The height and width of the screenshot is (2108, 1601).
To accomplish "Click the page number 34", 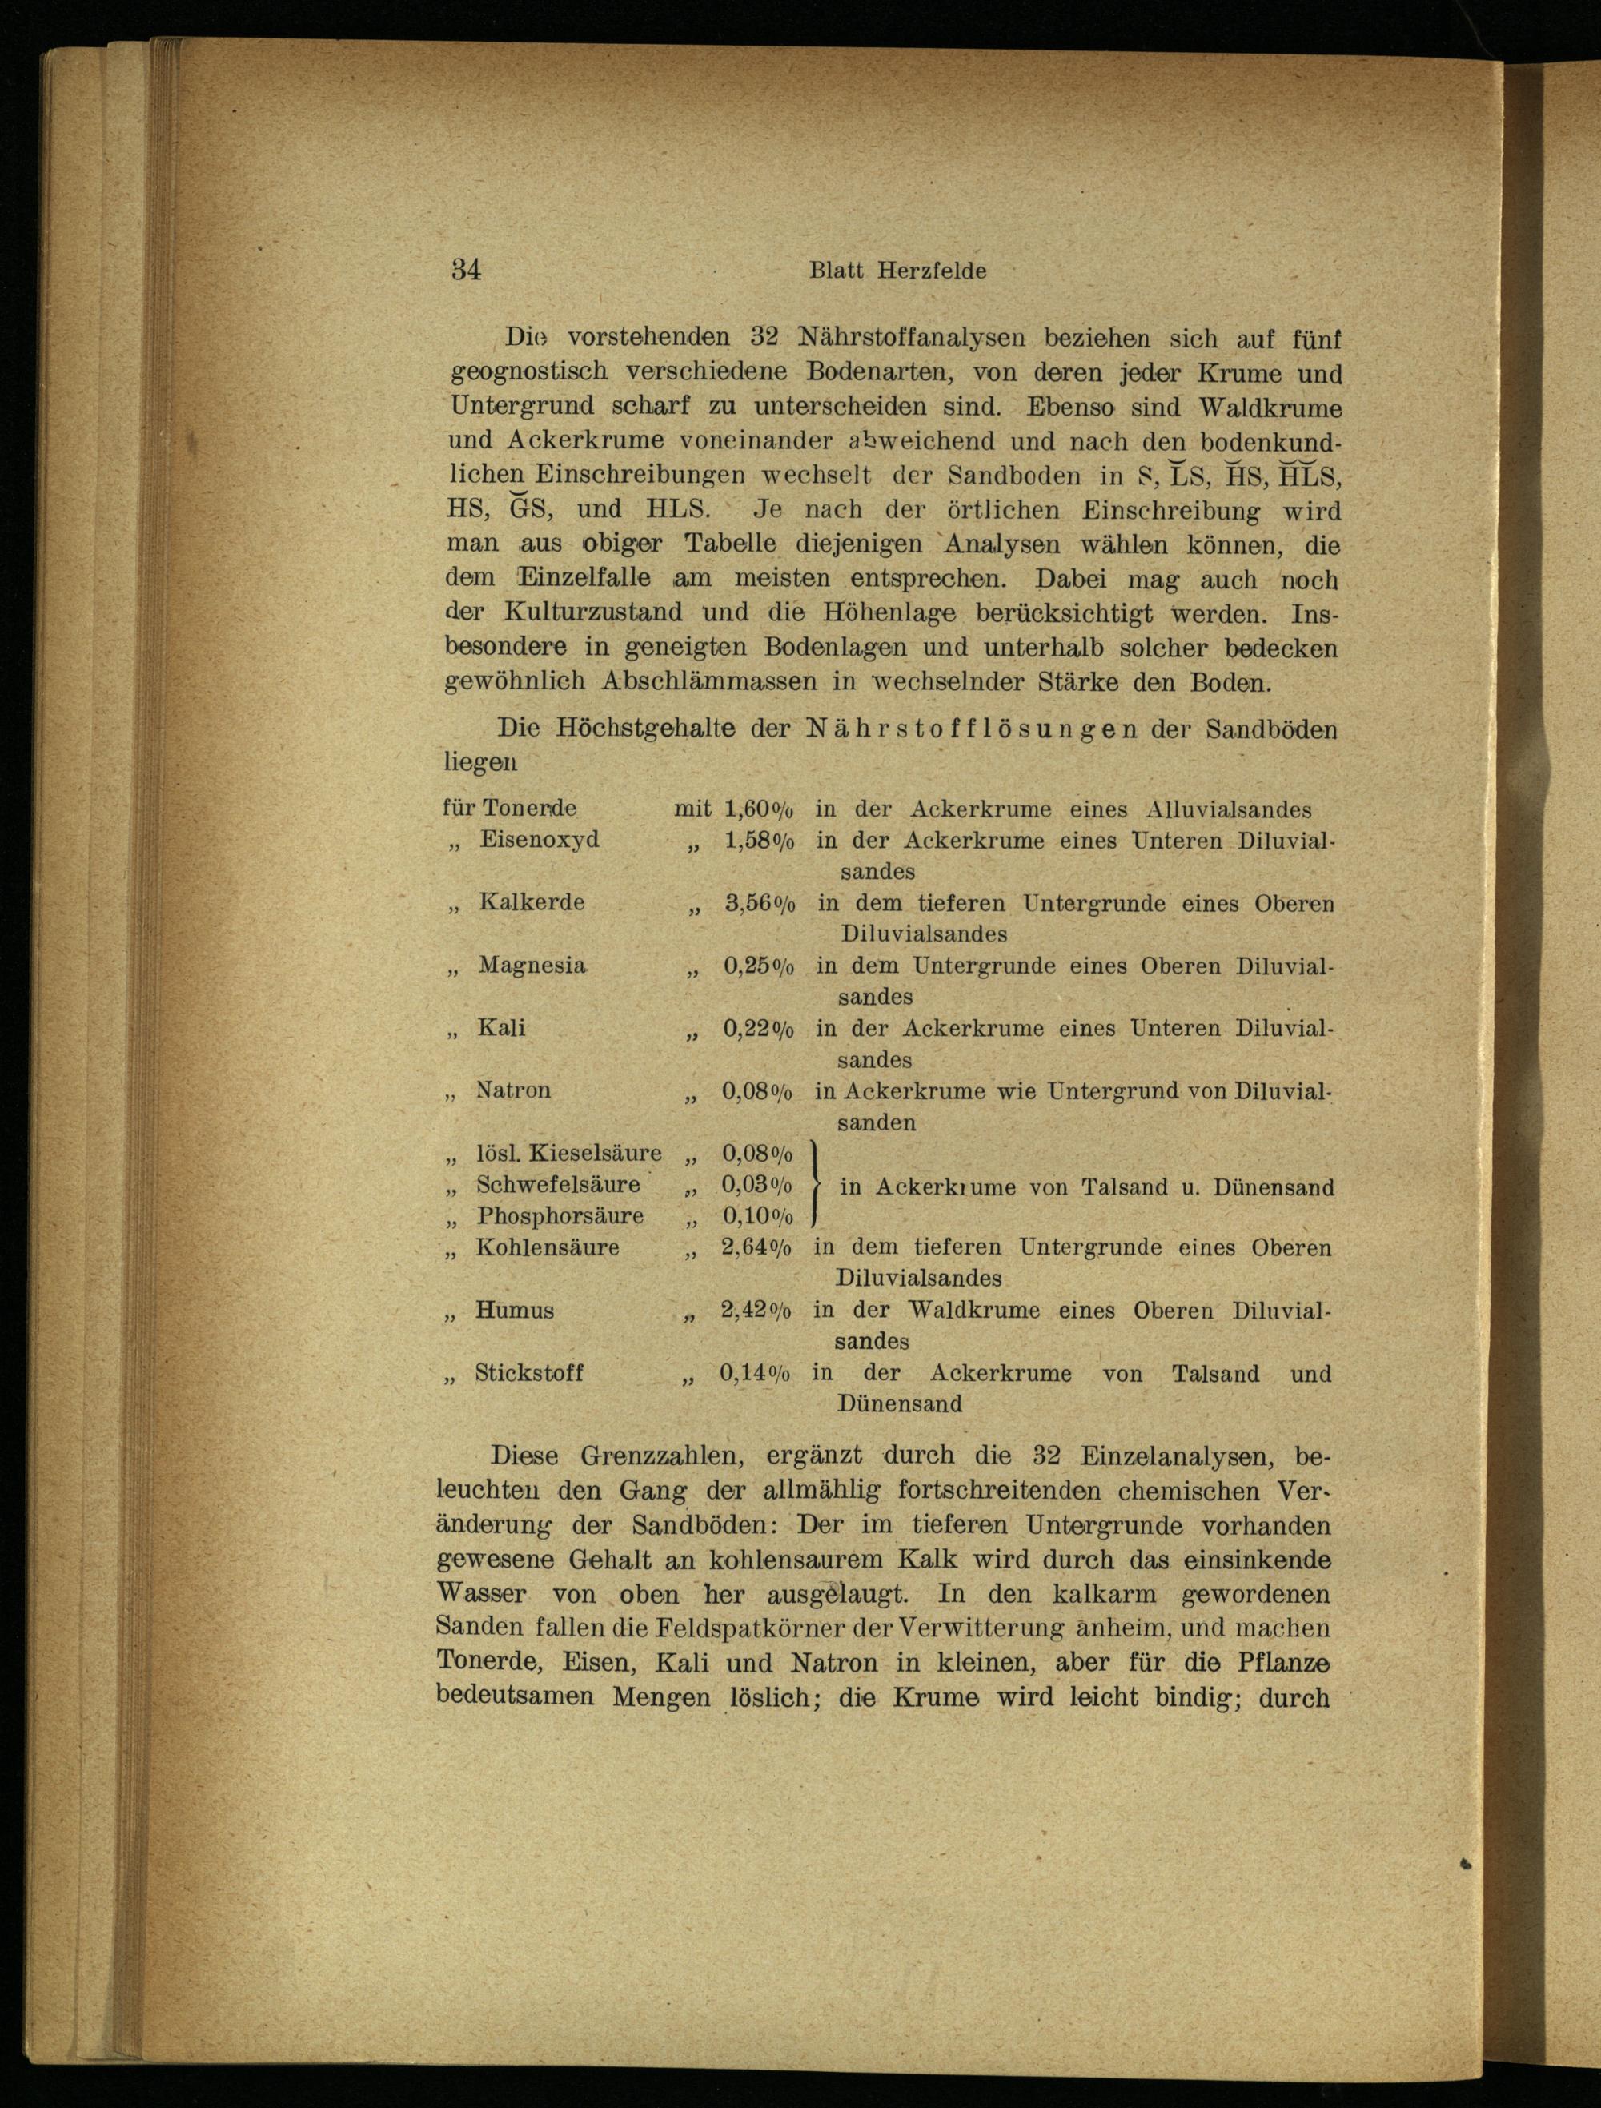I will click(466, 270).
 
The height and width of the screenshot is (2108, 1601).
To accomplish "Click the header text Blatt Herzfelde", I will click(897, 271).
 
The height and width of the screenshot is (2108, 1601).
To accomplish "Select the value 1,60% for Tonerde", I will click(760, 809).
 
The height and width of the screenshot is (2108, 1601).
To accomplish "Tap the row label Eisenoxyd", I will click(540, 840).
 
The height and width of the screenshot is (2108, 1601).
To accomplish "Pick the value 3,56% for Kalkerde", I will click(760, 902).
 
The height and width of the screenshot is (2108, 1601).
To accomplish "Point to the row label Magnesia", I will click(532, 965).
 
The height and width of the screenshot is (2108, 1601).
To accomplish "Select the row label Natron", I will click(514, 1090).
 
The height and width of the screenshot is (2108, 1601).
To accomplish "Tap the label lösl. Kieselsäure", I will click(569, 1153).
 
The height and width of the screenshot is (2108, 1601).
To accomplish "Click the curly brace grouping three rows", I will click(817, 1185).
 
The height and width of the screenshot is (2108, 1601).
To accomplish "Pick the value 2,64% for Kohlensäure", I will click(756, 1247).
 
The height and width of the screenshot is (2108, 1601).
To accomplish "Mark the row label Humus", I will click(515, 1311).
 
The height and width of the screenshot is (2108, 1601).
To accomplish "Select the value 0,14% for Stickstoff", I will click(756, 1373).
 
